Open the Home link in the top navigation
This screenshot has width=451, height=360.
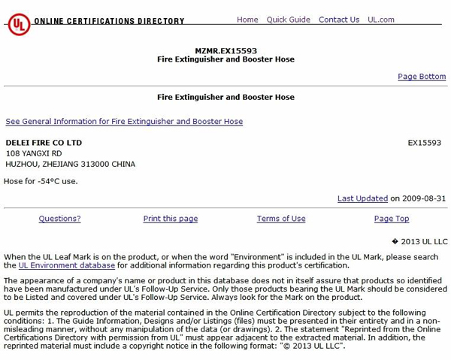247,20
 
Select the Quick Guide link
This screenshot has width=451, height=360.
288,20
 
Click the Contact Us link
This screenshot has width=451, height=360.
339,20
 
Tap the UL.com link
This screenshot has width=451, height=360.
381,20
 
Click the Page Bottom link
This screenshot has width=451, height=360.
422,77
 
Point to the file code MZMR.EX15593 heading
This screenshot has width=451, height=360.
225,50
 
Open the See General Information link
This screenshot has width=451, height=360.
124,121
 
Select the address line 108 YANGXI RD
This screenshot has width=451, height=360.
34,153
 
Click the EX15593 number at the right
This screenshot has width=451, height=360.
425,142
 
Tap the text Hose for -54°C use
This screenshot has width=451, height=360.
41,181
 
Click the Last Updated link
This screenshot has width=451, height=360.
362,198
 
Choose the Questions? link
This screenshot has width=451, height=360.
59,219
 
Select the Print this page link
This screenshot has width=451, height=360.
171,219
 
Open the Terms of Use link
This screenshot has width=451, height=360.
281,219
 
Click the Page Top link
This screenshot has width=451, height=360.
392,219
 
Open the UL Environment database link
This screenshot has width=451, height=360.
67,265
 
